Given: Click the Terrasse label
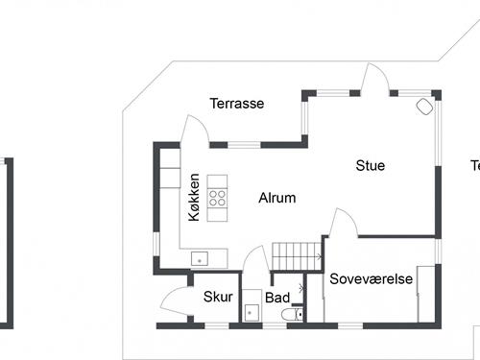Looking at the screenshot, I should click(237, 104).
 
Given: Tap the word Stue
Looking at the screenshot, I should click(370, 166).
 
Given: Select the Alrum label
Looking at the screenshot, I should click(276, 199).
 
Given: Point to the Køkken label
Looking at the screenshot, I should click(195, 198).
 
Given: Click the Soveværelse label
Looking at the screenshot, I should click(371, 279).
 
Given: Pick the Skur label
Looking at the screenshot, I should click(219, 298).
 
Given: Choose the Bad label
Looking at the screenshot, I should click(277, 299).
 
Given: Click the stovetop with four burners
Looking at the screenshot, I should click(218, 199).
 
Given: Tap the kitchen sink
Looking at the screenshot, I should click(200, 257).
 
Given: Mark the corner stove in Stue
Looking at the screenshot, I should click(423, 107).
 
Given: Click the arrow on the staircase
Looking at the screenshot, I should click(317, 257).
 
